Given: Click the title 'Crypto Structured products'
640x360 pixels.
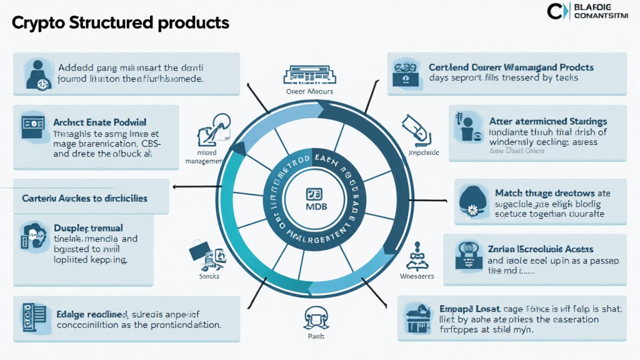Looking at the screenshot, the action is click(x=121, y=23).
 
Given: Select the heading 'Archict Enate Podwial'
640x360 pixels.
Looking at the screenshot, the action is click(x=101, y=122).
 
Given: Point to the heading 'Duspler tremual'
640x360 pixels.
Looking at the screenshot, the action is click(x=88, y=227).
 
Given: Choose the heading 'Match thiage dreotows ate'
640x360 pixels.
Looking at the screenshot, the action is click(x=552, y=193).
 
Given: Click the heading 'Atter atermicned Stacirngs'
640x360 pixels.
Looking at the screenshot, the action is click(x=548, y=121).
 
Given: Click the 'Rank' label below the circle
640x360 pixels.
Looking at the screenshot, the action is click(x=314, y=335).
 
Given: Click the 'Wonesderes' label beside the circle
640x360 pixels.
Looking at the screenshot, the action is click(x=417, y=276).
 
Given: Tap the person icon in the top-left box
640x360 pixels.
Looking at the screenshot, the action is click(x=36, y=73).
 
